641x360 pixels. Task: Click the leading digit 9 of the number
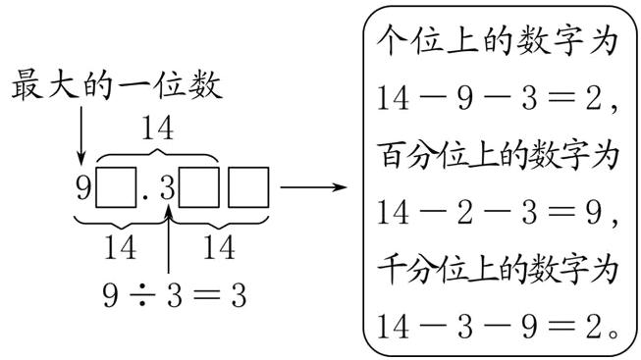(82, 187)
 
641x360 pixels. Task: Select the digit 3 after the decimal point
(166, 187)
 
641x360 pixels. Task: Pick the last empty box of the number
(247, 187)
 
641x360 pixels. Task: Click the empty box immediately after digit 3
(199, 187)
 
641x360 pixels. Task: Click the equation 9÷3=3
(169, 293)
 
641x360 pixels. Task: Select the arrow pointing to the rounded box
(313, 186)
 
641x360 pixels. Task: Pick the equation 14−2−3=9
(496, 210)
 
